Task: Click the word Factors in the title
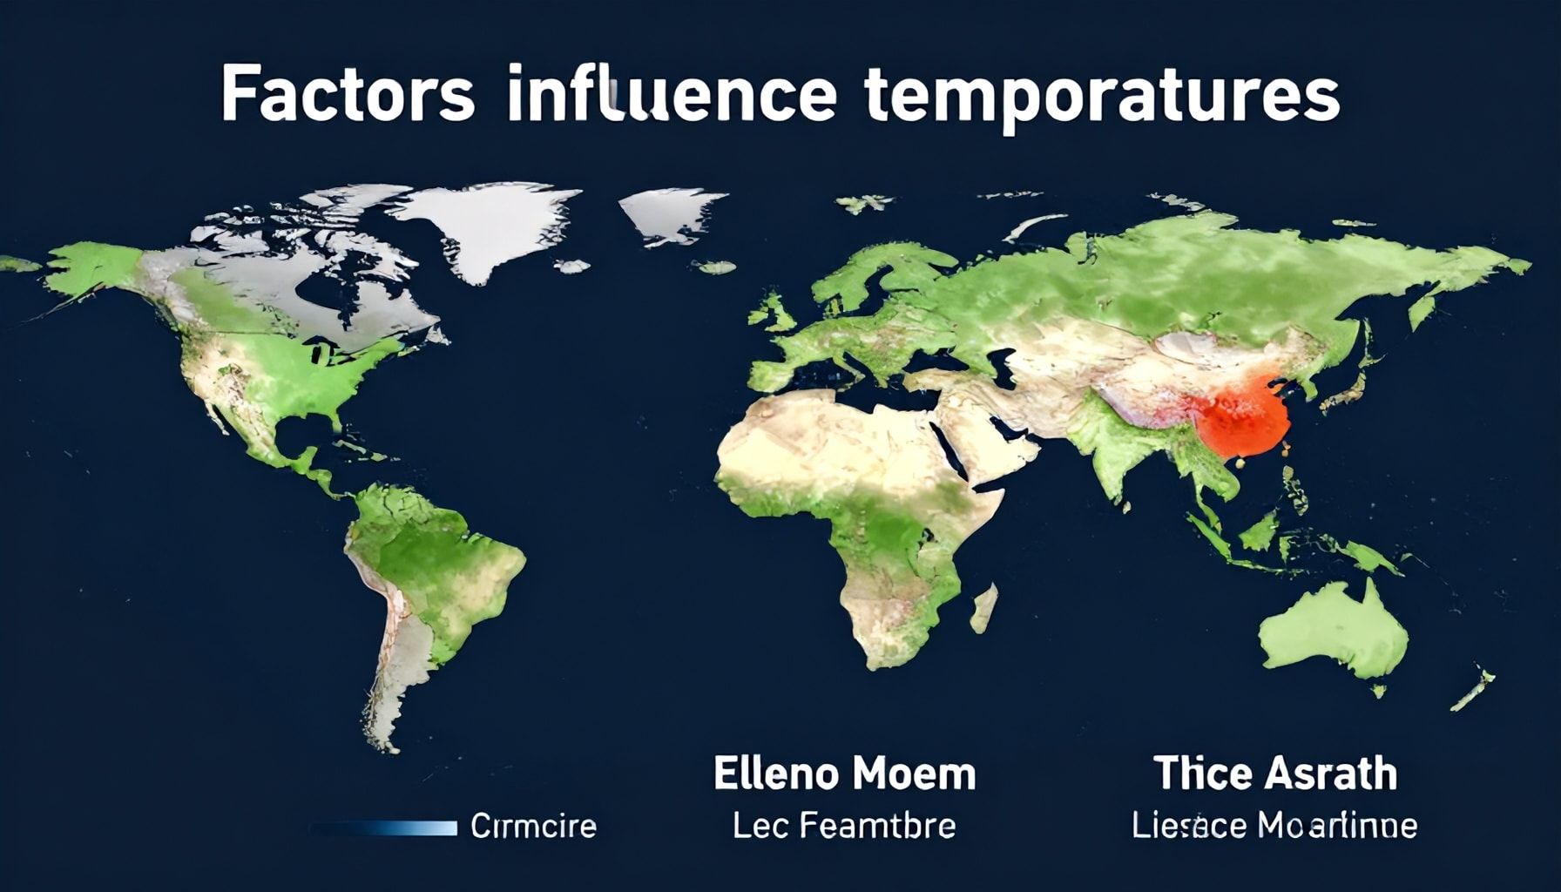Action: point(348,94)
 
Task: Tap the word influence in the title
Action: point(670,94)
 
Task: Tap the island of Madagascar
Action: point(984,608)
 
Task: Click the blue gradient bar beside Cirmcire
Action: point(383,827)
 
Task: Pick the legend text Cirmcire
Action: point(533,826)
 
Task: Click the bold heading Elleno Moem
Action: point(844,774)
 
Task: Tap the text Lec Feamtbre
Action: point(843,825)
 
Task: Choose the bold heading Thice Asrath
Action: point(1275,774)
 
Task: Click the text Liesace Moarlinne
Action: point(1274,825)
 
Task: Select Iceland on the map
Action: point(716,267)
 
